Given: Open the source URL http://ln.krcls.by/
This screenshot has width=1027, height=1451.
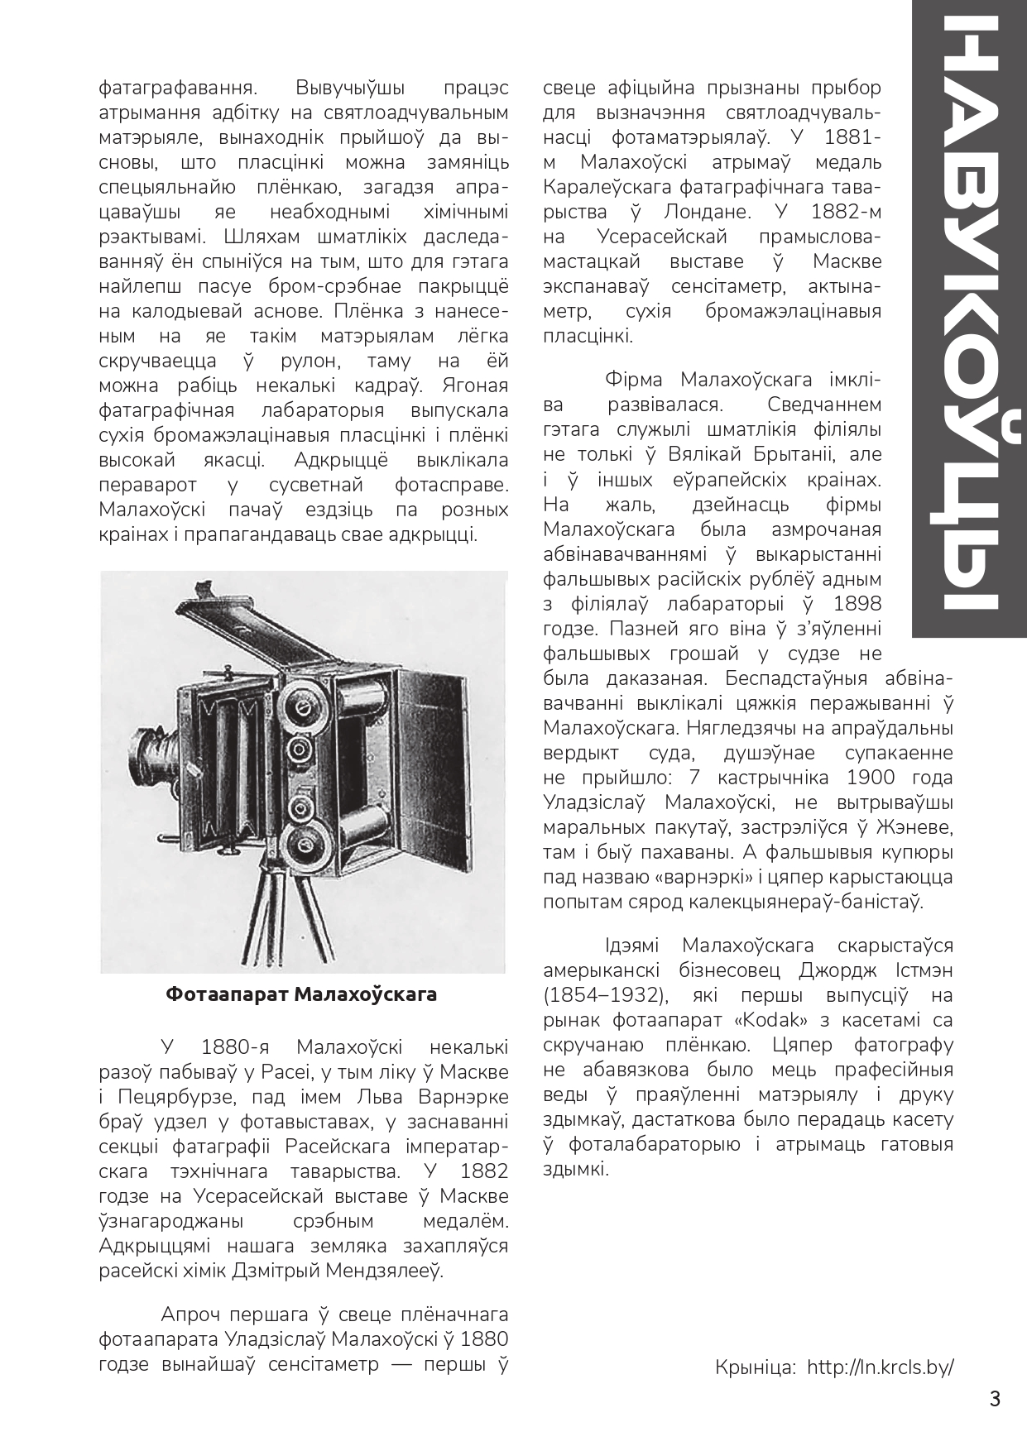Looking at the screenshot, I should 880,1367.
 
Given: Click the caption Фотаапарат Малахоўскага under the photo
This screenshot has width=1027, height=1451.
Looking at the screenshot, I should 301,994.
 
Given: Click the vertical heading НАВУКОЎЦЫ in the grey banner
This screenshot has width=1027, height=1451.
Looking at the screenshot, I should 970,323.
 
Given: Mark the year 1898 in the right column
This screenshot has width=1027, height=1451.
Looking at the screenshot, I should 857,603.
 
